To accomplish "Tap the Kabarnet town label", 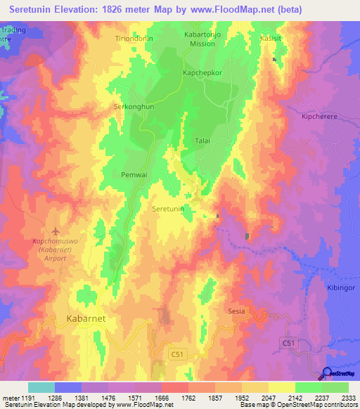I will (x=86, y=318).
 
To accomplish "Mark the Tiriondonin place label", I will (x=134, y=39).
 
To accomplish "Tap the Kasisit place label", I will (x=272, y=39).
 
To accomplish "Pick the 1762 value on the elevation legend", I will (x=188, y=399).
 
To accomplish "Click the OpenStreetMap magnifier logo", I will (x=327, y=374).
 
